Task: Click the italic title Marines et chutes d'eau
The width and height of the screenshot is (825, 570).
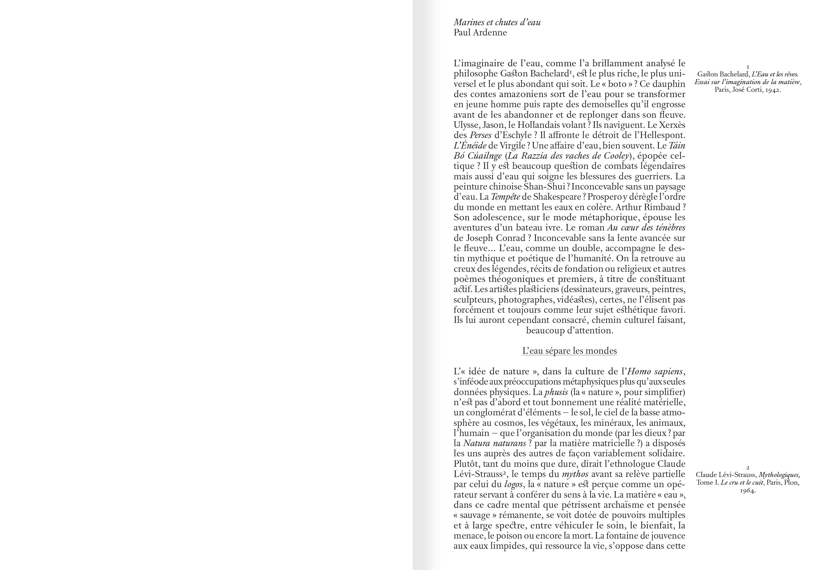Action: point(497,22)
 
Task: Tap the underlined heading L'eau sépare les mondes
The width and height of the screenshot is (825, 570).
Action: point(569,351)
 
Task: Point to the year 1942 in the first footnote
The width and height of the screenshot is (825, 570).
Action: point(773,90)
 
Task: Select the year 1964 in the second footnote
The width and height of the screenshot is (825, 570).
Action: point(748,491)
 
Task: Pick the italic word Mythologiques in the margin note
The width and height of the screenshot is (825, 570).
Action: point(779,475)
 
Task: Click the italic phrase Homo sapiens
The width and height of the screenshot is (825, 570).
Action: point(655,372)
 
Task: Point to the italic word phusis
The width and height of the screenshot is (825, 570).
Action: point(556,392)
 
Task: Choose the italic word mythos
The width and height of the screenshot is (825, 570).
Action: point(575,474)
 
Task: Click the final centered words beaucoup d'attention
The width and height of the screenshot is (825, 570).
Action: point(569,330)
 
